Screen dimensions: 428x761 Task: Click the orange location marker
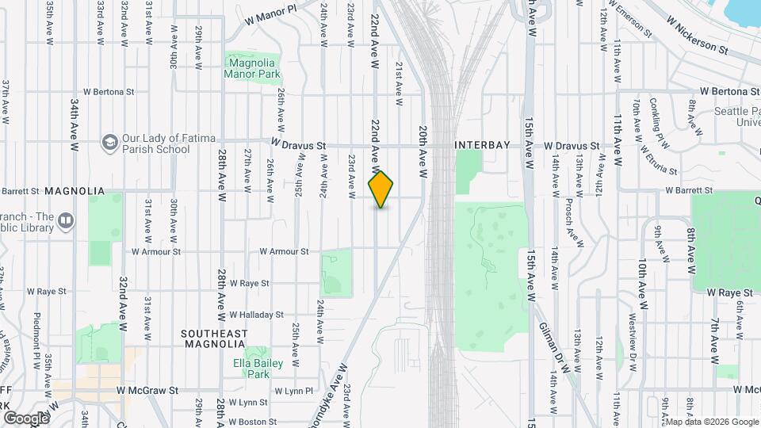[x=381, y=189]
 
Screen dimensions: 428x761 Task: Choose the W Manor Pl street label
[x=270, y=13]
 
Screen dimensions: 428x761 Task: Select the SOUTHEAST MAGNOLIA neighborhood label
[x=225, y=338]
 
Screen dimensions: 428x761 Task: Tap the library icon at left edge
[x=67, y=219]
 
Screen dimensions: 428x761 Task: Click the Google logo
[x=26, y=418]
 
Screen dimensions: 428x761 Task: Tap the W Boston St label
[x=252, y=422]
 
